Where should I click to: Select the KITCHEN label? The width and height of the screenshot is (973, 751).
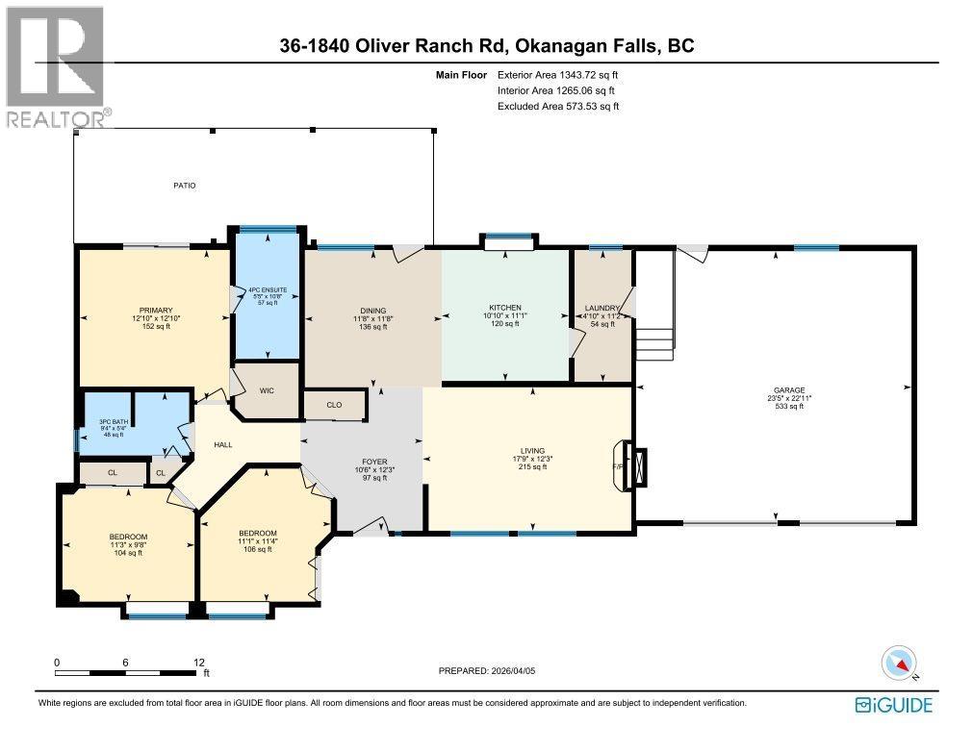[504, 308]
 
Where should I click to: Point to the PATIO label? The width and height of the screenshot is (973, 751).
[185, 185]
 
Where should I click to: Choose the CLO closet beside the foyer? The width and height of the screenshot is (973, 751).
[334, 405]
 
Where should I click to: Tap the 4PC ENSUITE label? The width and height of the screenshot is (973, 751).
[269, 289]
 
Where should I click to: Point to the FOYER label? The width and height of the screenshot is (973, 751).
[374, 462]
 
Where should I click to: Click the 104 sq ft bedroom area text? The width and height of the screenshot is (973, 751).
[128, 553]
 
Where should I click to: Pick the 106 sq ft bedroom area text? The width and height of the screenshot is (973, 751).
[258, 549]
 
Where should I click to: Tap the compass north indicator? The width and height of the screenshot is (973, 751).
[900, 663]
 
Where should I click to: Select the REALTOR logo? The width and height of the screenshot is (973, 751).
[56, 67]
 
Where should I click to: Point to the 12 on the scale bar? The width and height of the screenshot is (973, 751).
[199, 663]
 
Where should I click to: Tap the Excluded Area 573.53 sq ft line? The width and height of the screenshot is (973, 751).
[557, 106]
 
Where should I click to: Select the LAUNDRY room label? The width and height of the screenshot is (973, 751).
[602, 308]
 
